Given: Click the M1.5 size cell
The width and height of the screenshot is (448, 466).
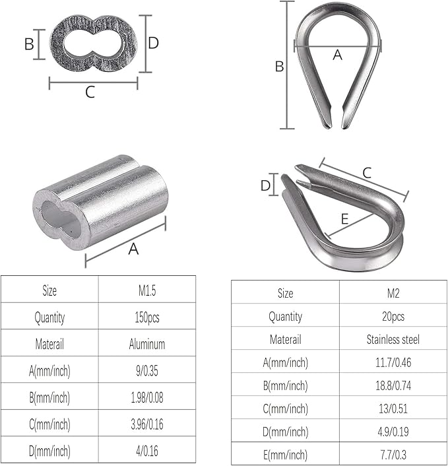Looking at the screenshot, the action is [147, 290].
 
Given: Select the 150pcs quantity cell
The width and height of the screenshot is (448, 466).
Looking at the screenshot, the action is [147, 317].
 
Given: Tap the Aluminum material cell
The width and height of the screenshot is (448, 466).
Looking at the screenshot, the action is [147, 344].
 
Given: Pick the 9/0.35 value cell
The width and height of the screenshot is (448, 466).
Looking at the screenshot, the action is [147, 370].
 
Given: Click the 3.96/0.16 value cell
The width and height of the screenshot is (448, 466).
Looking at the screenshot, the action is [147, 424].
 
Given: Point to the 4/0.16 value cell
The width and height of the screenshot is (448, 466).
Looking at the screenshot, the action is [147, 451].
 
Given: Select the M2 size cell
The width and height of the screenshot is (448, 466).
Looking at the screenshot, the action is [393, 293].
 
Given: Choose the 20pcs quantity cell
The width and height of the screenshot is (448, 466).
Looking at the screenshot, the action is [393, 316].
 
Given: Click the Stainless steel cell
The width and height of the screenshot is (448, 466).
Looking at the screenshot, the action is [393, 339].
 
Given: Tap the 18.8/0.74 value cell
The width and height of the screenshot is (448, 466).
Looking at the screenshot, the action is [393, 385].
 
